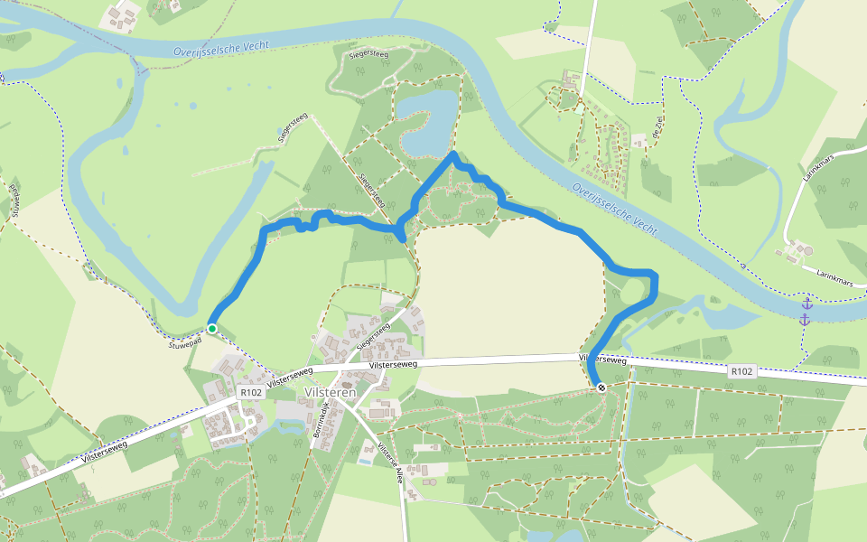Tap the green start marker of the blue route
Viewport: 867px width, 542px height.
pos(211,329)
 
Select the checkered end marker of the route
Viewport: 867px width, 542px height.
pos(601,388)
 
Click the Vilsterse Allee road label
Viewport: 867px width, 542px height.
pos(390,465)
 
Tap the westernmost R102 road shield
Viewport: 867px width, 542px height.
pos(250,394)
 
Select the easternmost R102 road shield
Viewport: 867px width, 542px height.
pos(741,371)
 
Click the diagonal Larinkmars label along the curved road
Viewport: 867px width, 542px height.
pos(822,163)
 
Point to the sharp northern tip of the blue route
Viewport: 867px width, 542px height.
pos(452,154)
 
